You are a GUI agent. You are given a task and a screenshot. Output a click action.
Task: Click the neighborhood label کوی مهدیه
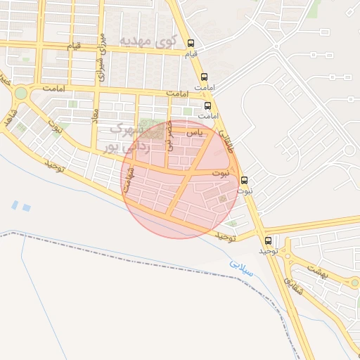(146, 39)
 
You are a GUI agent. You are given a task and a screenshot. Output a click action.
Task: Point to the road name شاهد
(8, 118)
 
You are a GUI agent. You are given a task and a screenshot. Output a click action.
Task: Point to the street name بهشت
(319, 273)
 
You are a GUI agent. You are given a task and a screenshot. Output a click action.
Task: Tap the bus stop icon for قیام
(192, 43)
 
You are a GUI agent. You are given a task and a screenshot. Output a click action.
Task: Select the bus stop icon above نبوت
(244, 179)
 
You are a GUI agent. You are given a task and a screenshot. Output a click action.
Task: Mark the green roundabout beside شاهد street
(20, 93)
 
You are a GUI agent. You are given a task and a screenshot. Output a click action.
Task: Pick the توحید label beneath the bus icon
(269, 250)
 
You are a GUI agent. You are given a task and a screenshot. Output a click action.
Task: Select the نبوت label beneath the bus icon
(245, 191)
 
